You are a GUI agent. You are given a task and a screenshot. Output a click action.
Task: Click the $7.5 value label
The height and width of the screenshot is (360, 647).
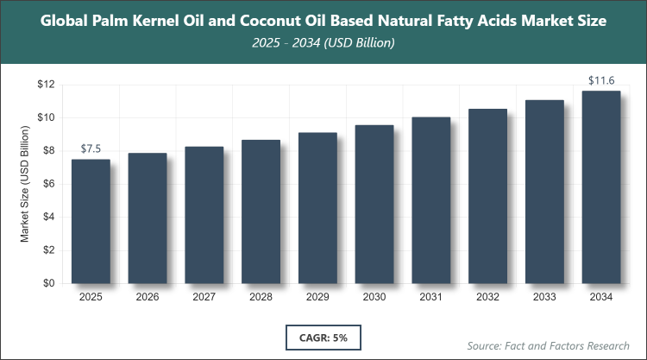tap(91, 149)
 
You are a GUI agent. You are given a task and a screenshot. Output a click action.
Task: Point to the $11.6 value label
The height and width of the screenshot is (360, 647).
tap(601, 81)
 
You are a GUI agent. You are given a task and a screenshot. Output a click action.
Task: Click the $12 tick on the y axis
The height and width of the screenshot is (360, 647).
tap(47, 85)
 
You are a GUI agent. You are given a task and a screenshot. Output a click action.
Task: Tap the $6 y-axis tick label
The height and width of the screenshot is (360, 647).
tap(49, 184)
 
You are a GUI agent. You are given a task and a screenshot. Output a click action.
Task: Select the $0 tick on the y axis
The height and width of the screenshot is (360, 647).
tap(49, 283)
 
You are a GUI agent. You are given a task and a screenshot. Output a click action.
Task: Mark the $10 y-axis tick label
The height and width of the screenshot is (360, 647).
tap(47, 117)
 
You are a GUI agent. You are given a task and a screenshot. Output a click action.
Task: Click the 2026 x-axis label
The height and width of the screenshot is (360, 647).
tap(148, 298)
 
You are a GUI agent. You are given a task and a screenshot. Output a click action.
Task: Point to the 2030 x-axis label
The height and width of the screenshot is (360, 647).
tap(374, 298)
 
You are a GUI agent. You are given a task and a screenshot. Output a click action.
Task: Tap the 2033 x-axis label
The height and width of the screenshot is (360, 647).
tap(544, 298)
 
